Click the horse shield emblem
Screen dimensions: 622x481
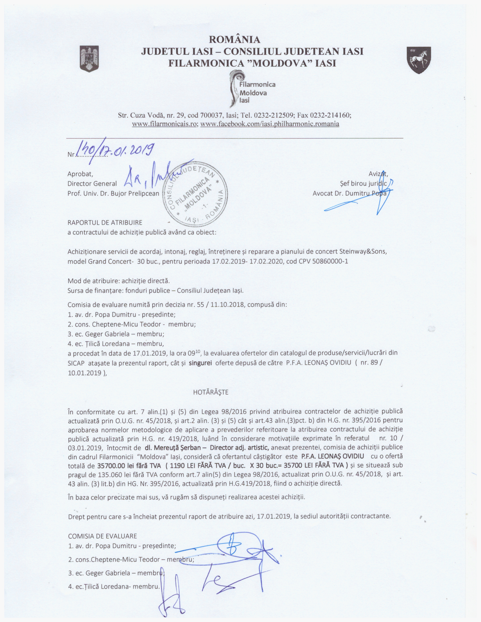coord(418,61)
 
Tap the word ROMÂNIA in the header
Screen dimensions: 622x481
coord(235,39)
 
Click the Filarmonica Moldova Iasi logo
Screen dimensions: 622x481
coord(251,88)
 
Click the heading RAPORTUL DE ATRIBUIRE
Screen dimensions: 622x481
coord(105,223)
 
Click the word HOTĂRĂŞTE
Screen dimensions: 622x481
coord(211,392)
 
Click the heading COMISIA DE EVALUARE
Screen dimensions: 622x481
coord(103,536)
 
